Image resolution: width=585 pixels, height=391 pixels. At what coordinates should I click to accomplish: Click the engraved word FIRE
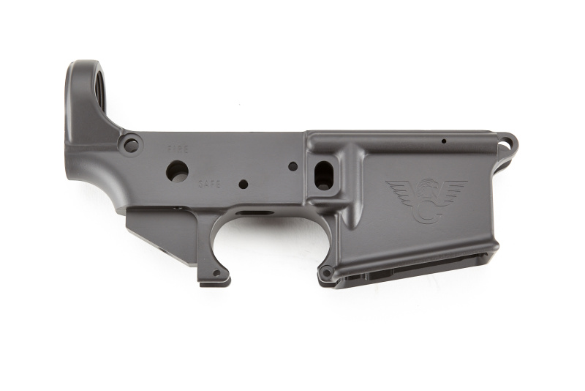point(178,149)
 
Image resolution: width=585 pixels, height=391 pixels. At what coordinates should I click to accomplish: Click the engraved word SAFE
point(209,184)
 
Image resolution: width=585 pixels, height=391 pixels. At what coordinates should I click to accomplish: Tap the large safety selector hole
point(177,171)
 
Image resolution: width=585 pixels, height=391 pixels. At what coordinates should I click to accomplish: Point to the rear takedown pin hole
point(132,144)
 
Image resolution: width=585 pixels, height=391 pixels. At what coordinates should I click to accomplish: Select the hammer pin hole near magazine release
point(293,166)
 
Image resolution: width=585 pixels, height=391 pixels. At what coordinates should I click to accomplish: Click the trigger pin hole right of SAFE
point(244,184)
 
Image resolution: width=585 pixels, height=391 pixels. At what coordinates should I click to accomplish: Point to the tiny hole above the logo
point(444,141)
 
